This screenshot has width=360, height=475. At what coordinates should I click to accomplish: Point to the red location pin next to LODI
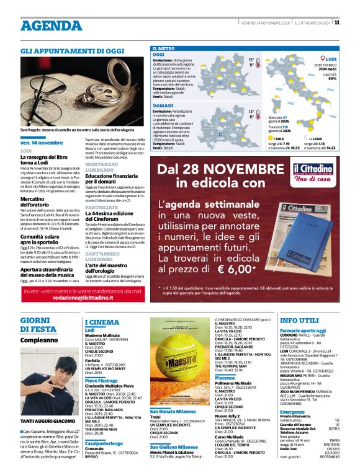323,59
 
